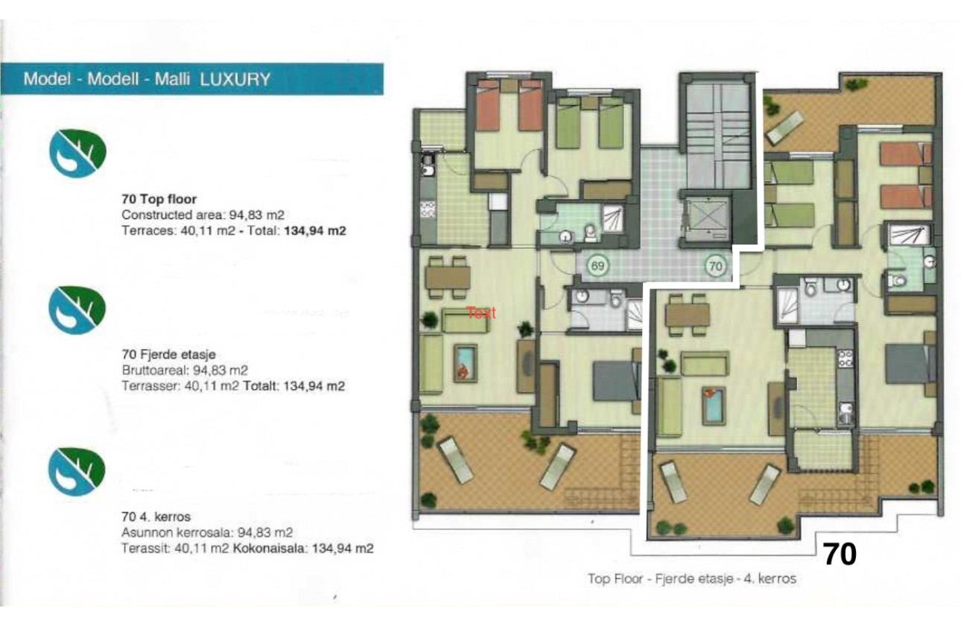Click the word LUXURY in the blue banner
pos(235,79)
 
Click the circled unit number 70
pos(716,265)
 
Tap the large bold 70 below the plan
pos(839,554)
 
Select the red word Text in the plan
pos(481,314)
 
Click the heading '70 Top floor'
pos(159,199)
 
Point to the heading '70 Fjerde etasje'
pos(168,354)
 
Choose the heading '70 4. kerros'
pos(156,516)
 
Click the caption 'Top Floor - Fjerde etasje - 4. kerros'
pos(692,578)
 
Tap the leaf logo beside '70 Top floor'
pos(77,152)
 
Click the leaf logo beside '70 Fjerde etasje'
pos(77,309)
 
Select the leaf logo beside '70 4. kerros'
pos(77,469)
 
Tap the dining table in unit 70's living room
pos(687,315)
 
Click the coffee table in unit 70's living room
pos(713,405)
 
